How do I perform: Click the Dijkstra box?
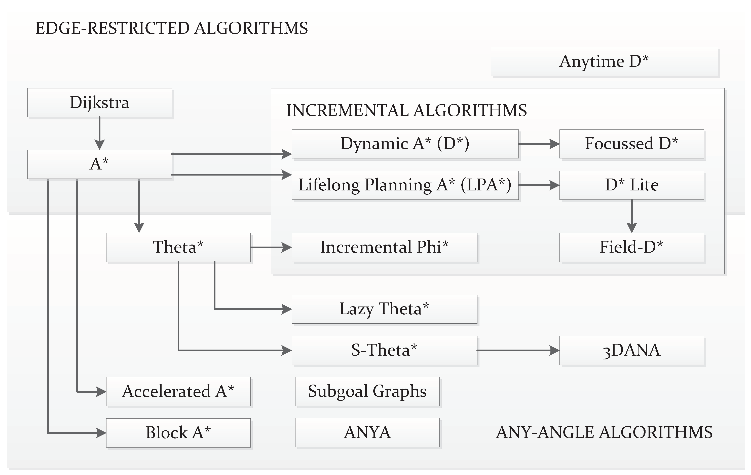(x=99, y=103)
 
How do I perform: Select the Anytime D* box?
(x=604, y=61)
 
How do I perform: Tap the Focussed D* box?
(x=631, y=144)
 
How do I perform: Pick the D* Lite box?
(x=631, y=185)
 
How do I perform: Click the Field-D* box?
(x=631, y=247)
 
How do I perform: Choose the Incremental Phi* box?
(x=384, y=247)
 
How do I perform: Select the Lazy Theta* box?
(x=384, y=309)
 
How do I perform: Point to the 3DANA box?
(x=631, y=350)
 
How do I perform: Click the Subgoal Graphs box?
(x=367, y=391)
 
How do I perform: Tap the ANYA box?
(x=367, y=432)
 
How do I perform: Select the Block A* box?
(x=178, y=432)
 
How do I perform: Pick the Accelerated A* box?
(x=178, y=391)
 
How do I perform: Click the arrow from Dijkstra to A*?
(x=99, y=133)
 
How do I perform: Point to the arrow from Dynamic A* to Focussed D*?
(x=538, y=144)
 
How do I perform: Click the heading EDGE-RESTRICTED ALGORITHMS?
(x=172, y=28)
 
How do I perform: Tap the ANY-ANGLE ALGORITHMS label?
(x=604, y=432)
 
